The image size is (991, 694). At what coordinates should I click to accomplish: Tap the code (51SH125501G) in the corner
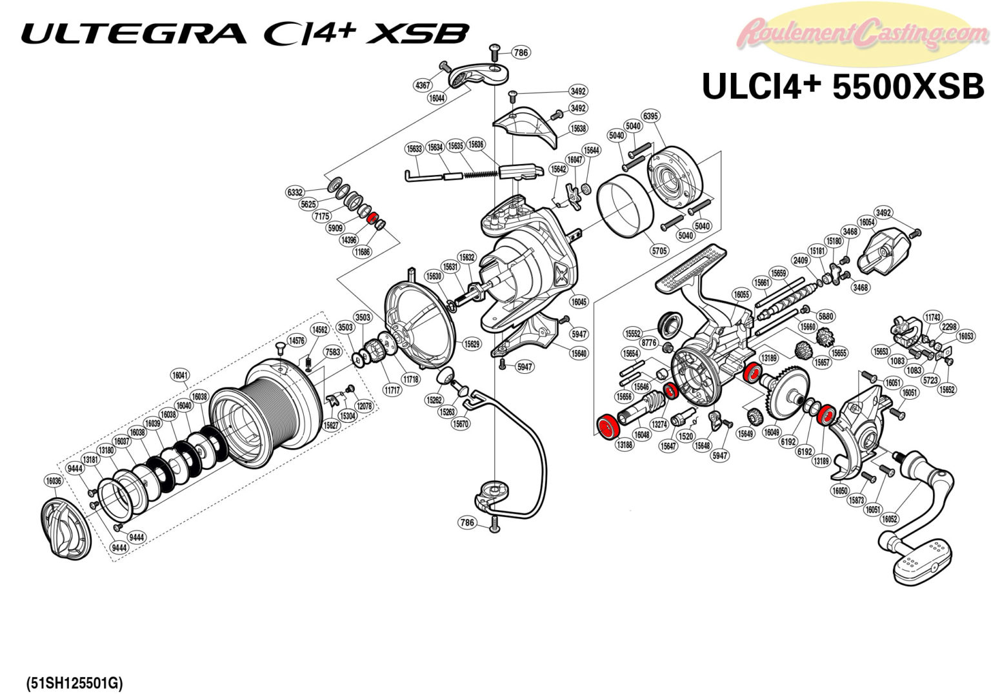tap(74, 682)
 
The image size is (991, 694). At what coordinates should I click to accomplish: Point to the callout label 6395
tap(651, 116)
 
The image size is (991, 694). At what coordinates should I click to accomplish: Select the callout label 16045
tap(579, 301)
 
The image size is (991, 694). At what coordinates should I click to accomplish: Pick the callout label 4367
tap(423, 85)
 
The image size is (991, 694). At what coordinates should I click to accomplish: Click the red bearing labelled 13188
tap(606, 427)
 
